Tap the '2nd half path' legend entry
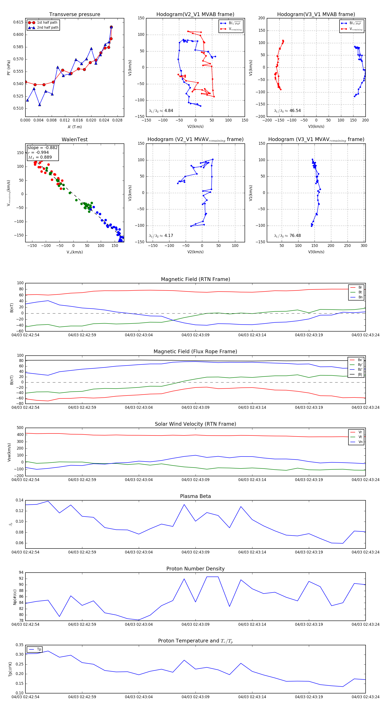(x=48, y=28)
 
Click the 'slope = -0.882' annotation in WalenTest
(x=43, y=148)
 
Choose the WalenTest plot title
(x=75, y=140)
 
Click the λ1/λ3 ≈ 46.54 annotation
(x=287, y=111)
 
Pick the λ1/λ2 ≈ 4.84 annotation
(x=161, y=111)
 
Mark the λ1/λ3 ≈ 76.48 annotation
(x=287, y=236)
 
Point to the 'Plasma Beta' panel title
(x=195, y=496)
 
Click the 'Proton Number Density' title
(x=195, y=569)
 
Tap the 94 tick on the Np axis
(x=21, y=573)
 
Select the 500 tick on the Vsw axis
(x=20, y=428)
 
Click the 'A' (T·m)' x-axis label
(x=75, y=127)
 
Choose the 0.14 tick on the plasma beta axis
(x=20, y=500)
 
